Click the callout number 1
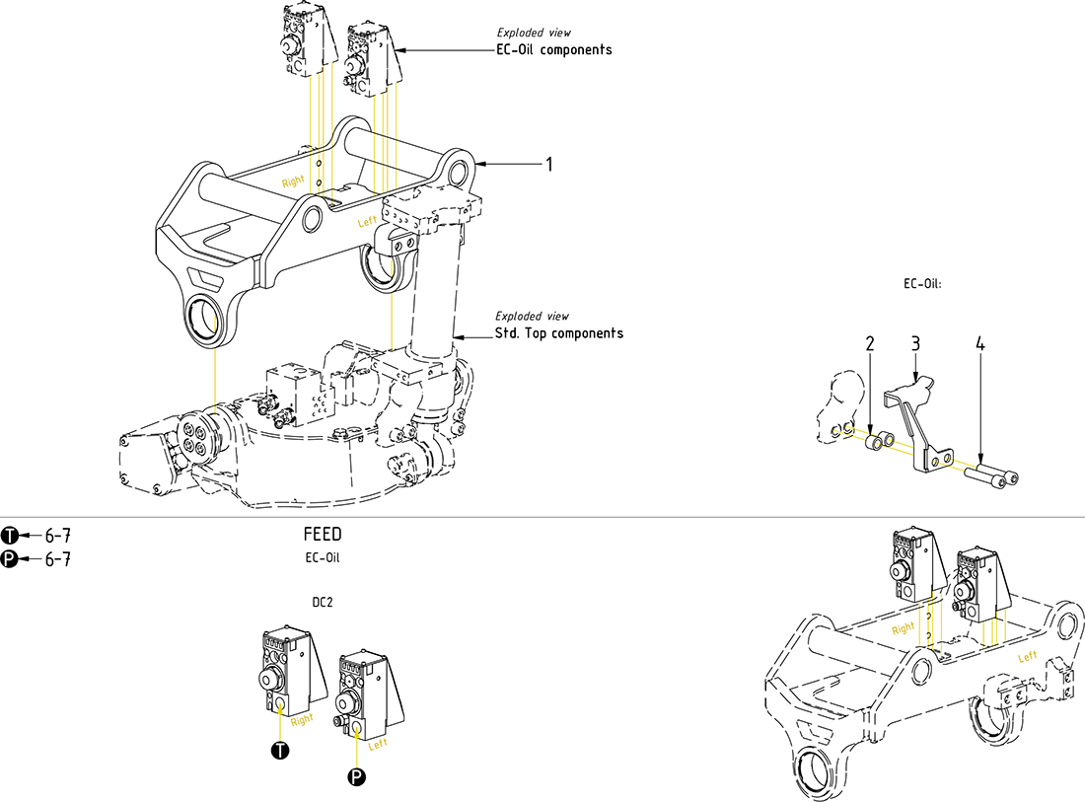pos(549,164)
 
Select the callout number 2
pos(870,343)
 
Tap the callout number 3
pos(915,343)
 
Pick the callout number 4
pos(980,343)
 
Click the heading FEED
pos(323,535)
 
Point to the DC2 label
pos(323,602)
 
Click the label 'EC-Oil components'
pos(553,49)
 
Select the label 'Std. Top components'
pos(558,333)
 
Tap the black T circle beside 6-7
pos(10,536)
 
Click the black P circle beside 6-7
pos(10,559)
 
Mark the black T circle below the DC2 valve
pos(280,752)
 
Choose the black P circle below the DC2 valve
pos(357,778)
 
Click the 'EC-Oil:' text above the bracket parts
pos(923,284)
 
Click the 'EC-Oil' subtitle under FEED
pos(323,558)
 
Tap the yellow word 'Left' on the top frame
pos(368,223)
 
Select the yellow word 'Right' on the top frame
pos(293,182)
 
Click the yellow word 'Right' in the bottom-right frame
pos(903,627)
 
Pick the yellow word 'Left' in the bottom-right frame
pos(1028,656)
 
